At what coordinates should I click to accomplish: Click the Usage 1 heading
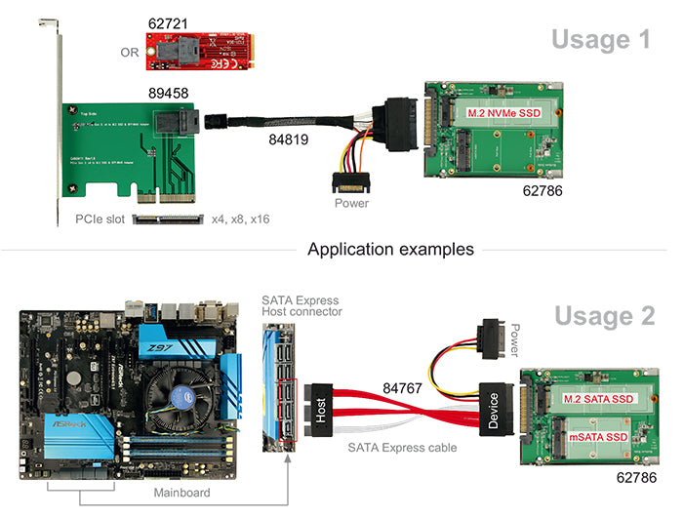coord(600,39)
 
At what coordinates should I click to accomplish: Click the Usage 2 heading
coord(602,316)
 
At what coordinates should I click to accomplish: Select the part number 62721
coord(170,22)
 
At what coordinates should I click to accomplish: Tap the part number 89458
coord(169,94)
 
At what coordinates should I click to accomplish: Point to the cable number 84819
coord(289,140)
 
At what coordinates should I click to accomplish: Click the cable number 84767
coord(402,388)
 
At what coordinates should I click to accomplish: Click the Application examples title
coord(390,249)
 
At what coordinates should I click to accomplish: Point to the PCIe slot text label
coord(100,219)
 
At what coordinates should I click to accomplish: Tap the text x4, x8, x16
coord(240,219)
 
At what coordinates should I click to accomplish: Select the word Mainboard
coord(181,493)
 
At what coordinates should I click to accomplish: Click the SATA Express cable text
coord(401,449)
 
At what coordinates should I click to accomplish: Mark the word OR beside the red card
coord(130,52)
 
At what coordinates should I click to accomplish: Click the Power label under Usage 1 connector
coord(351,204)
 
